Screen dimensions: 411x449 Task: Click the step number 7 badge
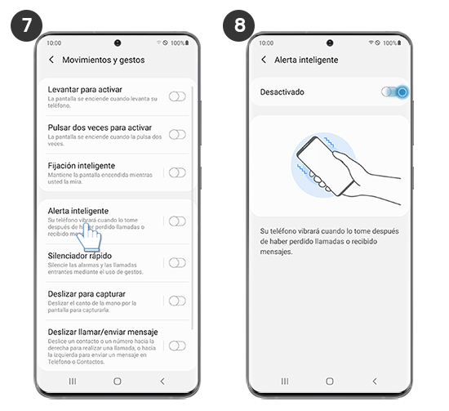click(27, 25)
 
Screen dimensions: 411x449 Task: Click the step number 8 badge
click(238, 25)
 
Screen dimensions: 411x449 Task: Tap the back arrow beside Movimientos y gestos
click(51, 60)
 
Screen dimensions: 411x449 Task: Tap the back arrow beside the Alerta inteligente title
click(263, 60)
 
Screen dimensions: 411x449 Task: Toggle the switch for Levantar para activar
click(176, 96)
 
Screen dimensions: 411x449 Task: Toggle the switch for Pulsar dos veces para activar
click(176, 135)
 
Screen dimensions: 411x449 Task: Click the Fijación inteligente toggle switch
click(176, 172)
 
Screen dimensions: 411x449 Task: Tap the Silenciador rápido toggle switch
click(176, 262)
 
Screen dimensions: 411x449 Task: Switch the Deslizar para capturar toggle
click(176, 301)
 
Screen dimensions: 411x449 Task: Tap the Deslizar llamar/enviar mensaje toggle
click(176, 346)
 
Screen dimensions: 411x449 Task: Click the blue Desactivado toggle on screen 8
click(395, 92)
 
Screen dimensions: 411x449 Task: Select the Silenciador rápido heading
click(81, 256)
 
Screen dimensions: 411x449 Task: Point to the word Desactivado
click(282, 92)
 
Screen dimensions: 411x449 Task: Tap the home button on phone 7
click(117, 381)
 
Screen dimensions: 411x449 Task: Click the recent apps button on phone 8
click(283, 381)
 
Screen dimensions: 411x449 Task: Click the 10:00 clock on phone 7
click(54, 42)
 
